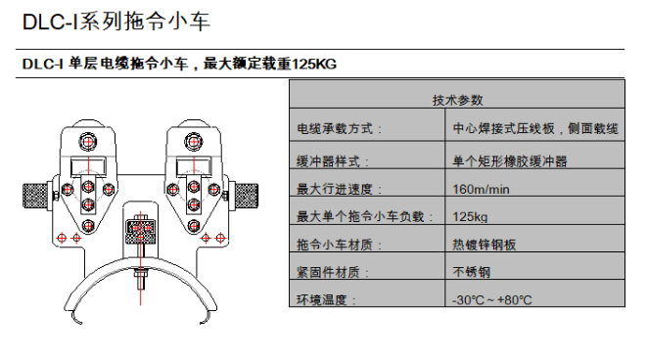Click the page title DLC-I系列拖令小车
tap(116, 22)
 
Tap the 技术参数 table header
tap(457, 100)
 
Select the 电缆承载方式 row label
tap(340, 129)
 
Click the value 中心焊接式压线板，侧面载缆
tap(535, 129)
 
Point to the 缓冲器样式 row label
tap(333, 161)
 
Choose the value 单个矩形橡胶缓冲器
tap(510, 161)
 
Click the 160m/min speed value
tap(481, 189)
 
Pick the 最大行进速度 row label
tap(340, 189)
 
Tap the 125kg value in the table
tap(470, 217)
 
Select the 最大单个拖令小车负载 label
tap(365, 216)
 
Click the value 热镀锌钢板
tap(484, 245)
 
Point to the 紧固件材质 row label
tap(333, 272)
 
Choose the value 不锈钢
tap(471, 272)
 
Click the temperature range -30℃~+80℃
tap(491, 299)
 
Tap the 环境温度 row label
tap(326, 299)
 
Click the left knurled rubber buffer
tap(35, 195)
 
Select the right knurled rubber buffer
tap(247, 195)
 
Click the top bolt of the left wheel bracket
tap(88, 142)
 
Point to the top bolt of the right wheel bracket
tap(194, 142)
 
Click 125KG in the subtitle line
tap(314, 64)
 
